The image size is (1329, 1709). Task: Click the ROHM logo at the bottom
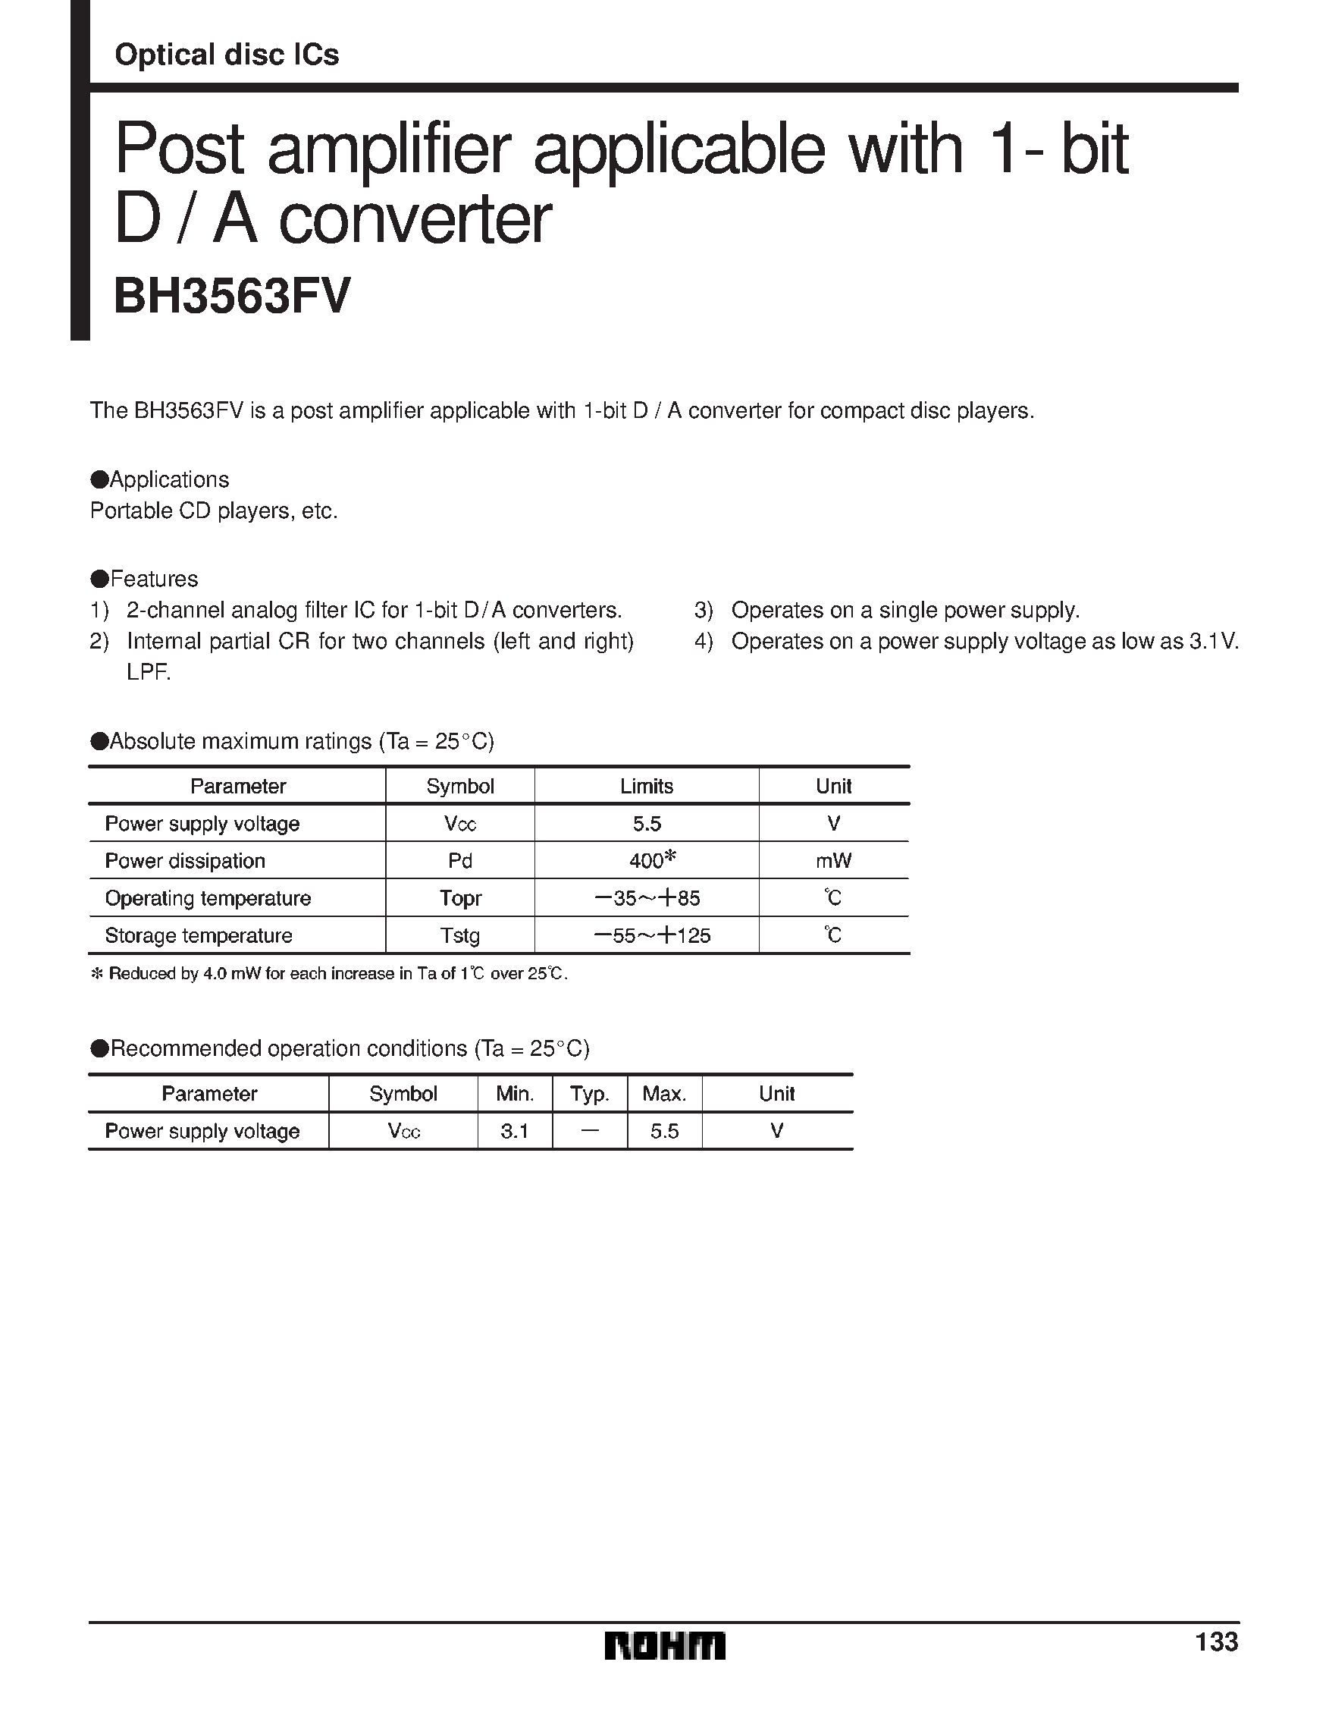[x=664, y=1646]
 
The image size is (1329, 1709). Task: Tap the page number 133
[x=1216, y=1641]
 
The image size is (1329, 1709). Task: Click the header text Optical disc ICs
[x=227, y=55]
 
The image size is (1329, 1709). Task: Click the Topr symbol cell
[x=460, y=898]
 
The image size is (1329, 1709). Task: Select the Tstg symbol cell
[x=460, y=936]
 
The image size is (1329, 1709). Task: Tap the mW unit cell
[x=834, y=861]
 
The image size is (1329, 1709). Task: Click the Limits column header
[x=647, y=787]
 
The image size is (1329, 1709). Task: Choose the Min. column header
[x=515, y=1094]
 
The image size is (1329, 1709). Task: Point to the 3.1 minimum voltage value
[x=515, y=1132]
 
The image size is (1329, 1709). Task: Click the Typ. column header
[x=590, y=1094]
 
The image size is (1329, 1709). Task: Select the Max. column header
[x=664, y=1094]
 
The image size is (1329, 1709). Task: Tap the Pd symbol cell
[x=460, y=861]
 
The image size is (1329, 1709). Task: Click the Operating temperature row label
[x=208, y=898]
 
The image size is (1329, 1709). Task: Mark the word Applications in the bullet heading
[x=170, y=479]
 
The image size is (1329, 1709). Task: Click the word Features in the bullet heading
[x=154, y=579]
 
